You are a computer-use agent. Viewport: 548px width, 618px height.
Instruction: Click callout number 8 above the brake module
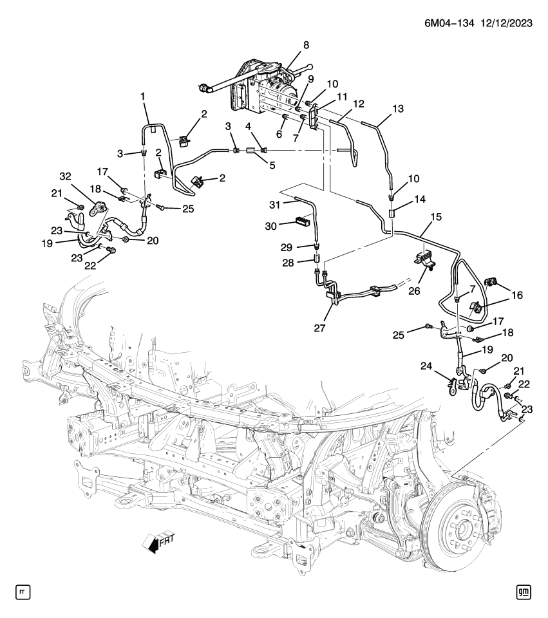click(x=306, y=45)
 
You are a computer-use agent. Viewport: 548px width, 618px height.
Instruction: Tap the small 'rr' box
click(x=23, y=591)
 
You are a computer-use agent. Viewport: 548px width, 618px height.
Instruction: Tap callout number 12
click(x=358, y=104)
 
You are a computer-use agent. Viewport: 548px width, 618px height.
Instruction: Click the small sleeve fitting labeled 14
click(x=392, y=212)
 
